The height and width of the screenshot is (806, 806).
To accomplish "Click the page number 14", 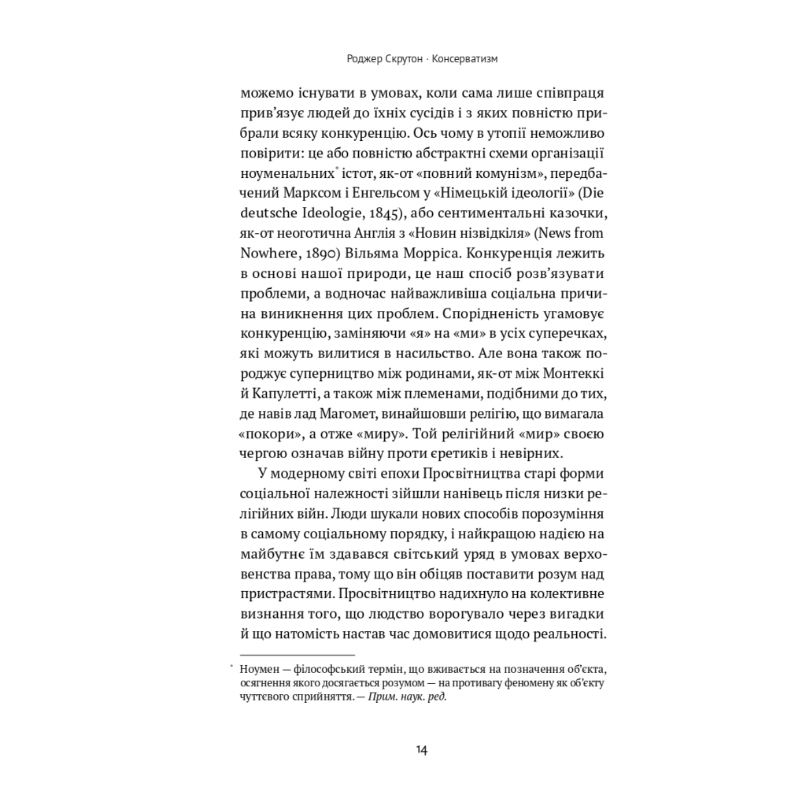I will pyautogui.click(x=421, y=749).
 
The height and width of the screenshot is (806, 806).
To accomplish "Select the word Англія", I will pyautogui.click(x=394, y=233).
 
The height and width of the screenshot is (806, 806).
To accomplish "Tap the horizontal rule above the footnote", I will pyautogui.click(x=298, y=655).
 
